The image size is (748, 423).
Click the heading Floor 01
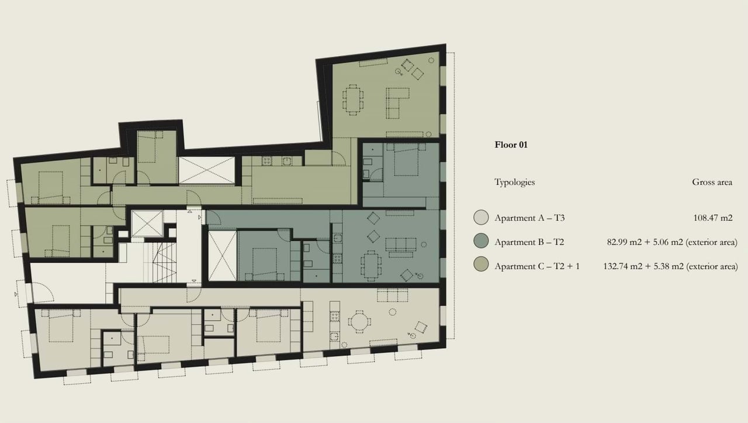511,145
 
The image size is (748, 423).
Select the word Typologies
514,182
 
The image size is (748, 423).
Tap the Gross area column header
712,182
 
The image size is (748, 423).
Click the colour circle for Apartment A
481,218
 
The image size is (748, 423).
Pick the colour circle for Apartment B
481,242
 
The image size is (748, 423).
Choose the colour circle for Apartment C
481,266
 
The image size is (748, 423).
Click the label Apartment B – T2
529,242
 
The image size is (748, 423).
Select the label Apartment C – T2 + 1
536,266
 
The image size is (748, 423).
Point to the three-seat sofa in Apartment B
400,245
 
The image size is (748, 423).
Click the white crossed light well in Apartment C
206,170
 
